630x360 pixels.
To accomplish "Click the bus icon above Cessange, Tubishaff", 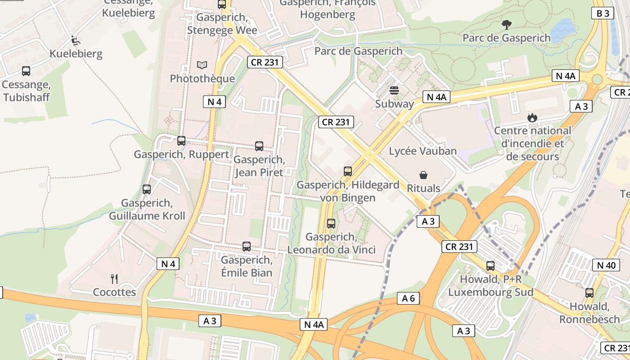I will tap(26, 71).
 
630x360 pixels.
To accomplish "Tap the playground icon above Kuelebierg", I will tap(76, 40).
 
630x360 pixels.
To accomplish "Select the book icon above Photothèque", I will tap(202, 65).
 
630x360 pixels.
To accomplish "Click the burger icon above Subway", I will tap(394, 90).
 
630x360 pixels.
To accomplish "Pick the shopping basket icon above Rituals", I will tap(423, 175).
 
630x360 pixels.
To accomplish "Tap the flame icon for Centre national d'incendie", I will tap(532, 117).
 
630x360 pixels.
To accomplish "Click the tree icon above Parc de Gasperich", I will tap(506, 24).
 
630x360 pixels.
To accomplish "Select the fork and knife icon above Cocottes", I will tap(114, 279).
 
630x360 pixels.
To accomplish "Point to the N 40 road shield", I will tap(606, 265).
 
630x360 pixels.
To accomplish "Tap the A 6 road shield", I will tap(408, 298).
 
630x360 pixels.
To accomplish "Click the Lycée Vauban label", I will tap(423, 151).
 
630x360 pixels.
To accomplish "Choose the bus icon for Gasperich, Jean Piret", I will tap(259, 146).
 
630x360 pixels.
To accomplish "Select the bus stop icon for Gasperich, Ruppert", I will tap(181, 141).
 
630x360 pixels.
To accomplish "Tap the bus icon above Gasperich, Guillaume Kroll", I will tap(147, 189).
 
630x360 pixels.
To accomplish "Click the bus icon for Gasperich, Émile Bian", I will tap(247, 247).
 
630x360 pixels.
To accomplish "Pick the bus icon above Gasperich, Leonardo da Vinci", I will tap(331, 223).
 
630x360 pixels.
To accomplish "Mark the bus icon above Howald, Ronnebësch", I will tap(589, 293).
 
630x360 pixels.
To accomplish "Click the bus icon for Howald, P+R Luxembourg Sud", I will tap(490, 266).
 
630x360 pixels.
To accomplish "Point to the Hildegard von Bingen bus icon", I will tap(348, 171).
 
